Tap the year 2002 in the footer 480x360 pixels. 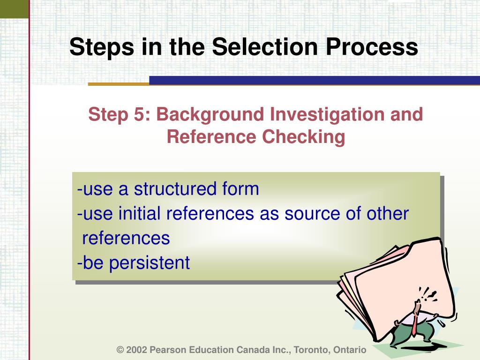point(136,350)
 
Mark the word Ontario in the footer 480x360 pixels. point(350,350)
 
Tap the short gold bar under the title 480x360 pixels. point(118,84)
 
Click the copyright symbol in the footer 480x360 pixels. point(120,350)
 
